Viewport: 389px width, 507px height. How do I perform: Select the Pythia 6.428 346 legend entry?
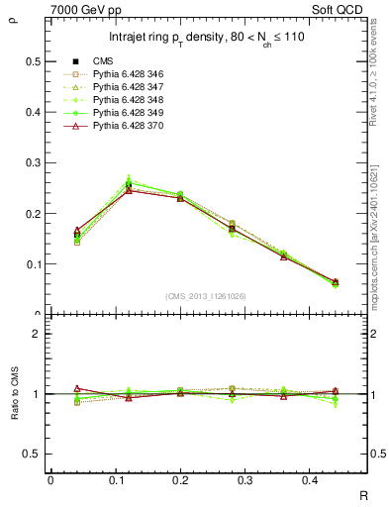point(128,75)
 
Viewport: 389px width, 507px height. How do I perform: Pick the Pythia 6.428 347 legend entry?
point(128,88)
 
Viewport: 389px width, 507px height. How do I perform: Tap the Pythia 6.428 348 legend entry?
point(128,101)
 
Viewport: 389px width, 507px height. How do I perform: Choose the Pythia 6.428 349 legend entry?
point(128,114)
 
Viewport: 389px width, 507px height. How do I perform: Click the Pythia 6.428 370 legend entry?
point(128,127)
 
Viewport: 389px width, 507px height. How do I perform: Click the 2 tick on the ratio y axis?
point(38,334)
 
